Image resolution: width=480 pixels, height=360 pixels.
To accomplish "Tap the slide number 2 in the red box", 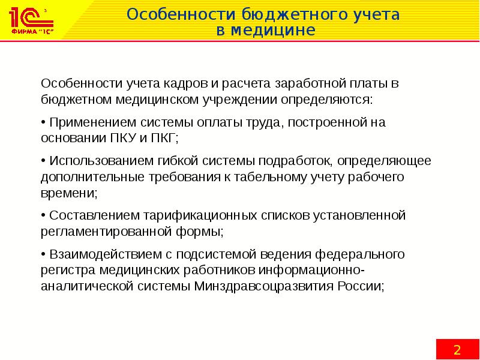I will pos(457,349).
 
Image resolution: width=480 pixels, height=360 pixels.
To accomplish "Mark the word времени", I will pos(67,193).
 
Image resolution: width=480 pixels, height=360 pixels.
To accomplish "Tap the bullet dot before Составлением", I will pos(43,215).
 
